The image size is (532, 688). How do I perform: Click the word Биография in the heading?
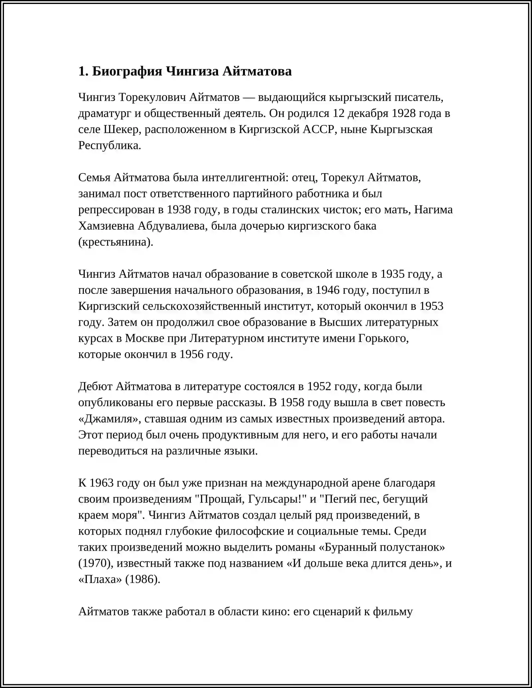point(127,71)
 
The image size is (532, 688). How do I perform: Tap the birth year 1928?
point(403,113)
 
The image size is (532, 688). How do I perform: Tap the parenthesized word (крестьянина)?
point(116,242)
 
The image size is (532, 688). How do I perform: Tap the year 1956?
point(191,354)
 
